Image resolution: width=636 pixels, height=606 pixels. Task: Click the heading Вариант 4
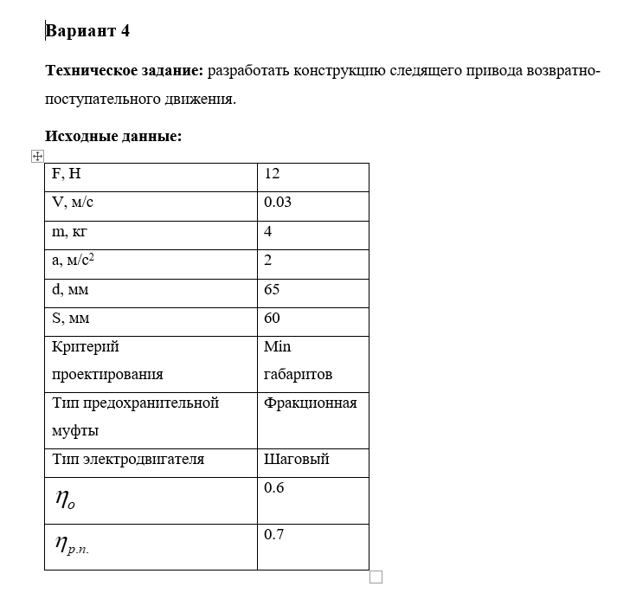tap(87, 32)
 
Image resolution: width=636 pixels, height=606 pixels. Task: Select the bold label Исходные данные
tap(112, 137)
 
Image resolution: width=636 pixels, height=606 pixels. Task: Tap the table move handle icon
tap(36, 156)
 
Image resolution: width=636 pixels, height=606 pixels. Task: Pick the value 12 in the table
tap(272, 174)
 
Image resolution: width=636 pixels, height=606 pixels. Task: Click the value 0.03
tap(278, 203)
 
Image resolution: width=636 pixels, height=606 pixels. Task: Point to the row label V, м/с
tap(73, 203)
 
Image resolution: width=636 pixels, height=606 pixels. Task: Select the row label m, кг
tap(70, 232)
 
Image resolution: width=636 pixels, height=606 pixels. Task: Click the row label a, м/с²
tap(74, 261)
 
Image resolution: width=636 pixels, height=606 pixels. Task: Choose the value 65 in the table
tap(272, 290)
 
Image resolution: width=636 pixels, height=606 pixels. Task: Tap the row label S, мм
tap(71, 319)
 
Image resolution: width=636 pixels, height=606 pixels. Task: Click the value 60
tap(272, 319)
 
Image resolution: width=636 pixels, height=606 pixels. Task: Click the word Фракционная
tap(311, 403)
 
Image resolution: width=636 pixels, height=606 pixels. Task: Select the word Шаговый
tap(297, 460)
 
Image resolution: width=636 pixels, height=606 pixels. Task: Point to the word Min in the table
tap(278, 347)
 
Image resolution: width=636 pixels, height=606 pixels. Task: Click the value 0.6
tap(274, 488)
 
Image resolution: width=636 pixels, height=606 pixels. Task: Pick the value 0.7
tap(274, 535)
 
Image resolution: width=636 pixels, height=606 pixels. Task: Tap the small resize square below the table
tap(376, 577)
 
